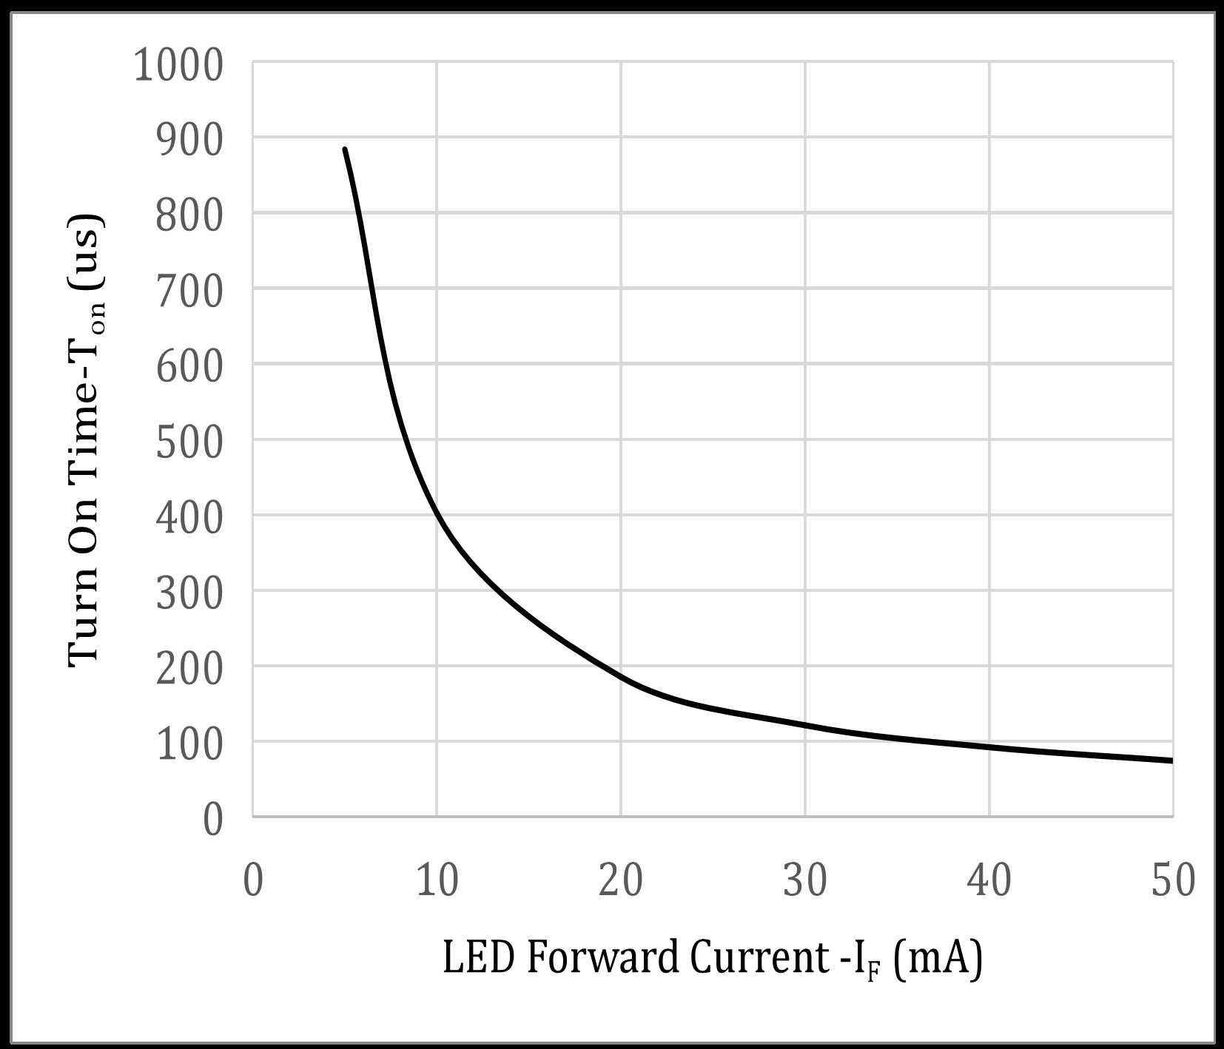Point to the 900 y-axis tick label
pyautogui.click(x=189, y=141)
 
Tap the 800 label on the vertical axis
pyautogui.click(x=189, y=216)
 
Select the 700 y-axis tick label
pyautogui.click(x=189, y=291)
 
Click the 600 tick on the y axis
pyautogui.click(x=189, y=367)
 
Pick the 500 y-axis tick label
pyautogui.click(x=189, y=442)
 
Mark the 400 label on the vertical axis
pyautogui.click(x=189, y=518)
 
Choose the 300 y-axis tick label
pyautogui.click(x=189, y=593)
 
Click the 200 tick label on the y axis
pyautogui.click(x=189, y=669)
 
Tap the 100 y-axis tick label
pyautogui.click(x=189, y=744)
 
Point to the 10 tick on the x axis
pyautogui.click(x=437, y=880)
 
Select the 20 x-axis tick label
pyautogui.click(x=621, y=880)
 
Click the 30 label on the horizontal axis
pyautogui.click(x=805, y=880)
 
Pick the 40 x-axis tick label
pyautogui.click(x=989, y=880)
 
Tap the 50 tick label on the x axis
pyautogui.click(x=1173, y=880)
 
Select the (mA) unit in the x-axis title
pyautogui.click(x=938, y=959)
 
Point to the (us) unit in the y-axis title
pyautogui.click(x=86, y=252)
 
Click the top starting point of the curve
pyautogui.click(x=345, y=149)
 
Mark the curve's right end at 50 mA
pyautogui.click(x=1171, y=760)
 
